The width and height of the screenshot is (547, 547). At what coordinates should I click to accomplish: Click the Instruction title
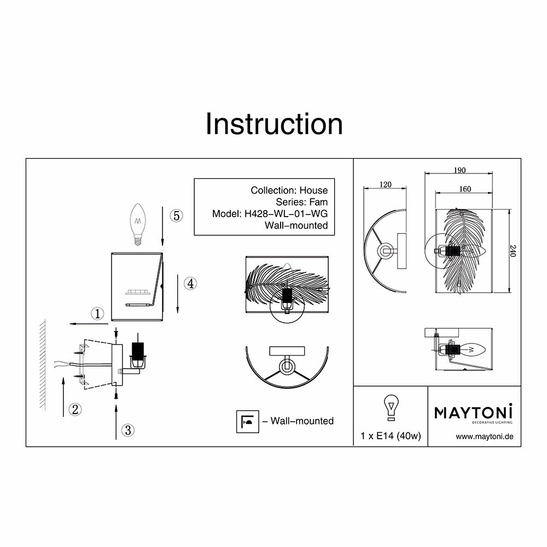coord(274,124)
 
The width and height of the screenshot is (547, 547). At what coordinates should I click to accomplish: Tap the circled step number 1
coord(97,313)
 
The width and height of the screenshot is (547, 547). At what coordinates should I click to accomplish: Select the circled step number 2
coord(75,408)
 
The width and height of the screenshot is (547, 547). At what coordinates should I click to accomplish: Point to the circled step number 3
coord(127,430)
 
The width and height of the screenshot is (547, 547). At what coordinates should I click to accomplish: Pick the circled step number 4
coord(189,283)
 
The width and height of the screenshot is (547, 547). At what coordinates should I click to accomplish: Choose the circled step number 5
coord(175,216)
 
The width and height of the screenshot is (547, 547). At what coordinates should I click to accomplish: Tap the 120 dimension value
coord(385,185)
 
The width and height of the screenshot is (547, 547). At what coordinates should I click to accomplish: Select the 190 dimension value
coord(459,170)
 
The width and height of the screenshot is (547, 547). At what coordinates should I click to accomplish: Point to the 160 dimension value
coord(464,189)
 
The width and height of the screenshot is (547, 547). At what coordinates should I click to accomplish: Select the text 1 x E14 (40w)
coord(391,436)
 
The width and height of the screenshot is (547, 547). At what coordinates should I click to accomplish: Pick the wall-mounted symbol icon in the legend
coord(247,421)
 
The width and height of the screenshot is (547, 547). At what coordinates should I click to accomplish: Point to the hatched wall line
coord(42,365)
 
